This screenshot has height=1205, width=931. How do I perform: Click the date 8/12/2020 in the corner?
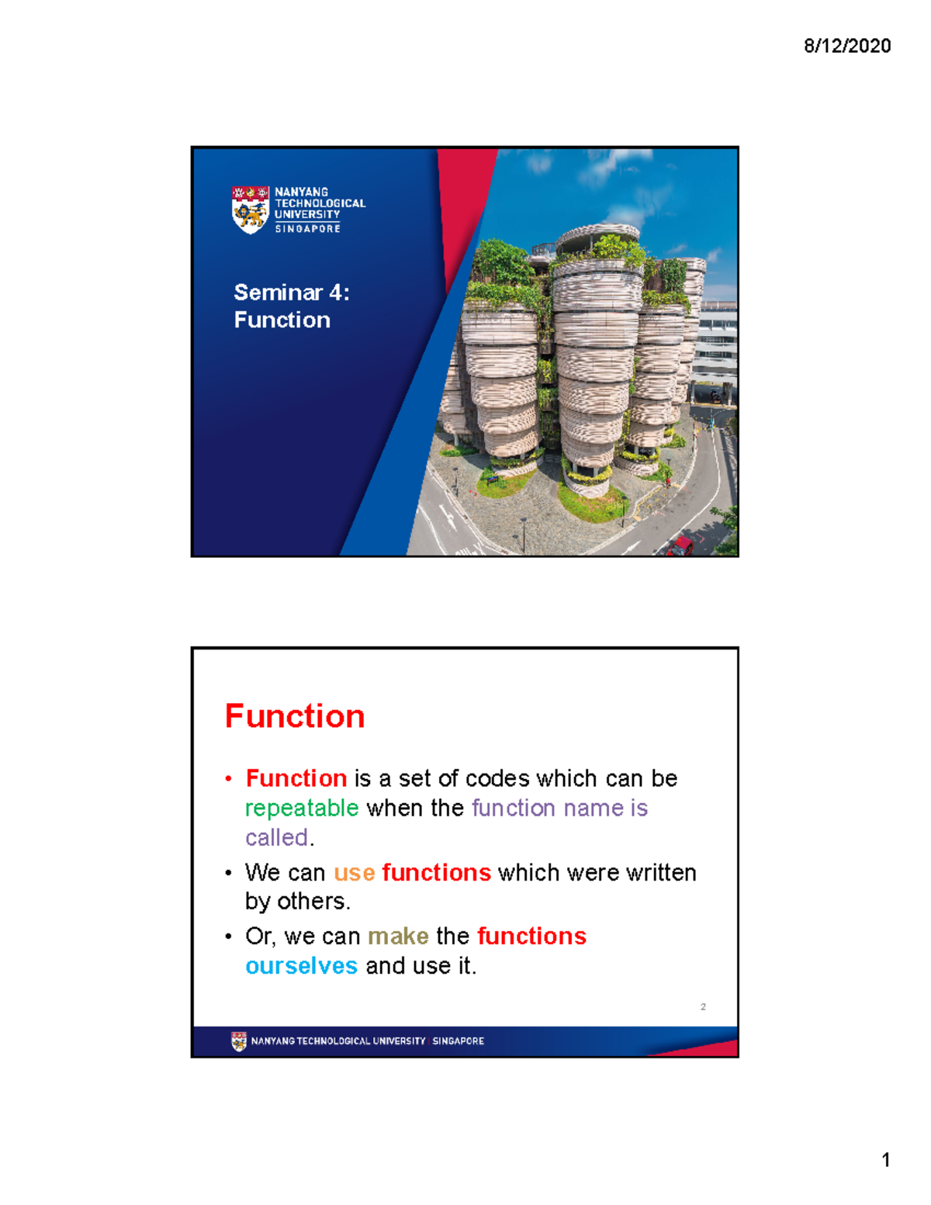coord(846,47)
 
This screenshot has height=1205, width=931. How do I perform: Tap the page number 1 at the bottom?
coord(885,1160)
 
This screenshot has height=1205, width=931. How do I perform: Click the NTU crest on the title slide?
coord(250,209)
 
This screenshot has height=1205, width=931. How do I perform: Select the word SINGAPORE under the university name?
coord(307,229)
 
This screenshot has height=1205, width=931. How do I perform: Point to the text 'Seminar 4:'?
coord(292,293)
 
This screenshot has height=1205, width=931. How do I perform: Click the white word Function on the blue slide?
coord(282,320)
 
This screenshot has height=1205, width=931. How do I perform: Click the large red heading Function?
coord(295,716)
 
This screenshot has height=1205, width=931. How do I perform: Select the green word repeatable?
coord(302,809)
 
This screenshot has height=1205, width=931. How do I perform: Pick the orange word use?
coord(355,873)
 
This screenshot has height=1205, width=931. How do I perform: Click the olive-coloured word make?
coord(398,937)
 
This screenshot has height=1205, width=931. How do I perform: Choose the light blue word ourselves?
coord(301,966)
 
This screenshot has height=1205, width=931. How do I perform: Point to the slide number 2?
coord(703,1007)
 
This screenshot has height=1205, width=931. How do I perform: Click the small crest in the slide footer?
coord(239,1041)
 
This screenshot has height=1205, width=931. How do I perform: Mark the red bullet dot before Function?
coord(229,779)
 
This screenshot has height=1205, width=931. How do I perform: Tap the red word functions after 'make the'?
coord(531,937)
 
